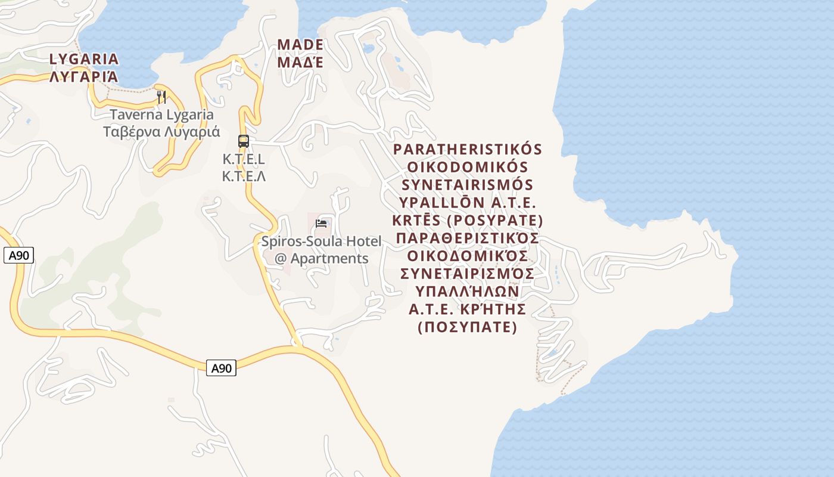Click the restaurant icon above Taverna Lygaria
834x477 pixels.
(x=161, y=97)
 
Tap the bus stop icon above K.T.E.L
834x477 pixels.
(x=243, y=141)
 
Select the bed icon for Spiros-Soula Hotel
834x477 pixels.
(x=322, y=224)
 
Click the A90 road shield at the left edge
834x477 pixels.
(x=18, y=256)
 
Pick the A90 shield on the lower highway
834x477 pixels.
(x=221, y=368)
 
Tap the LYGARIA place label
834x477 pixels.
(x=84, y=59)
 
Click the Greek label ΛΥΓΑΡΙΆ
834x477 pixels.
(x=84, y=77)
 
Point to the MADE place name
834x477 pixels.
(x=300, y=45)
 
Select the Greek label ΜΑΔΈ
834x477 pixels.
(x=300, y=62)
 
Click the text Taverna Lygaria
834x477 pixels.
(x=161, y=114)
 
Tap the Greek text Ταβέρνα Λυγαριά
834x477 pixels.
(x=161, y=132)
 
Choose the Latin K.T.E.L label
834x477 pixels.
(x=244, y=159)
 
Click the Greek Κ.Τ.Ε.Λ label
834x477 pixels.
(x=244, y=176)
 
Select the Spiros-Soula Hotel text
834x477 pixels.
(x=321, y=241)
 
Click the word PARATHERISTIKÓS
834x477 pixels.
(x=468, y=149)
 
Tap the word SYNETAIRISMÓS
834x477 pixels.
(x=468, y=185)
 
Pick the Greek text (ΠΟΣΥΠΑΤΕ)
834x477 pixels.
(x=468, y=327)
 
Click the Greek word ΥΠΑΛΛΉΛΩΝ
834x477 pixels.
(x=468, y=292)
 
